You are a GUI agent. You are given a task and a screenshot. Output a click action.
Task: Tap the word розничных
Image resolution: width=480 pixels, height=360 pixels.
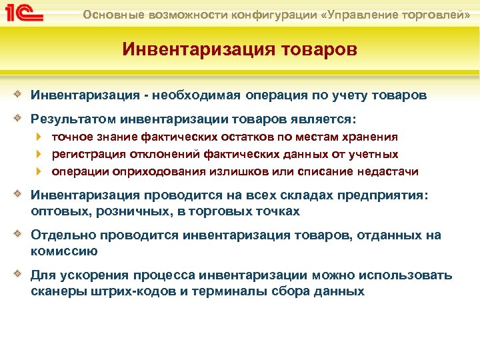coord(119,211)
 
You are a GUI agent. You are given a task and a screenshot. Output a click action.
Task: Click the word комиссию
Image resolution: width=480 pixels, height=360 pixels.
coord(64,251)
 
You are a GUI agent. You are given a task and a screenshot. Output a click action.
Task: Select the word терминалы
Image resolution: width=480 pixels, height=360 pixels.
coord(208,291)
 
